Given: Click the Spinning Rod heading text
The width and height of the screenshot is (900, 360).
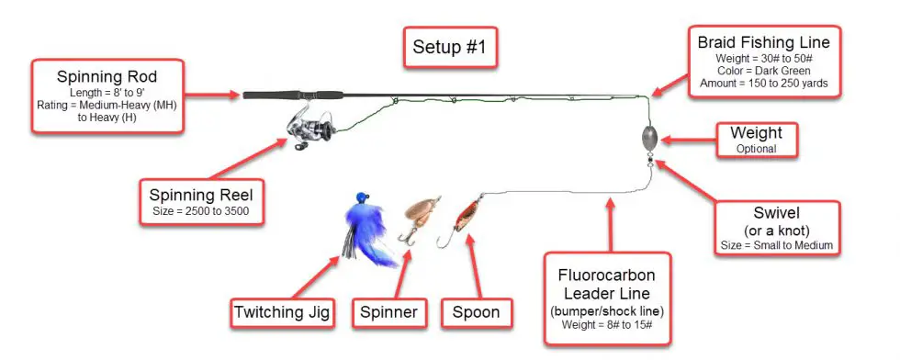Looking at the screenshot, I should (107, 76).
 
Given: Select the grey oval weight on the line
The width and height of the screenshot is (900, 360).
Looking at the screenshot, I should (649, 138).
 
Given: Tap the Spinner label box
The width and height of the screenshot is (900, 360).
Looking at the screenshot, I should (388, 313).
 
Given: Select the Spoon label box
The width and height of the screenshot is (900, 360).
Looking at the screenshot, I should (476, 313).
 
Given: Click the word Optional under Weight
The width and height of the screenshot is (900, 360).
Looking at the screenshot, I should (756, 149).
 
